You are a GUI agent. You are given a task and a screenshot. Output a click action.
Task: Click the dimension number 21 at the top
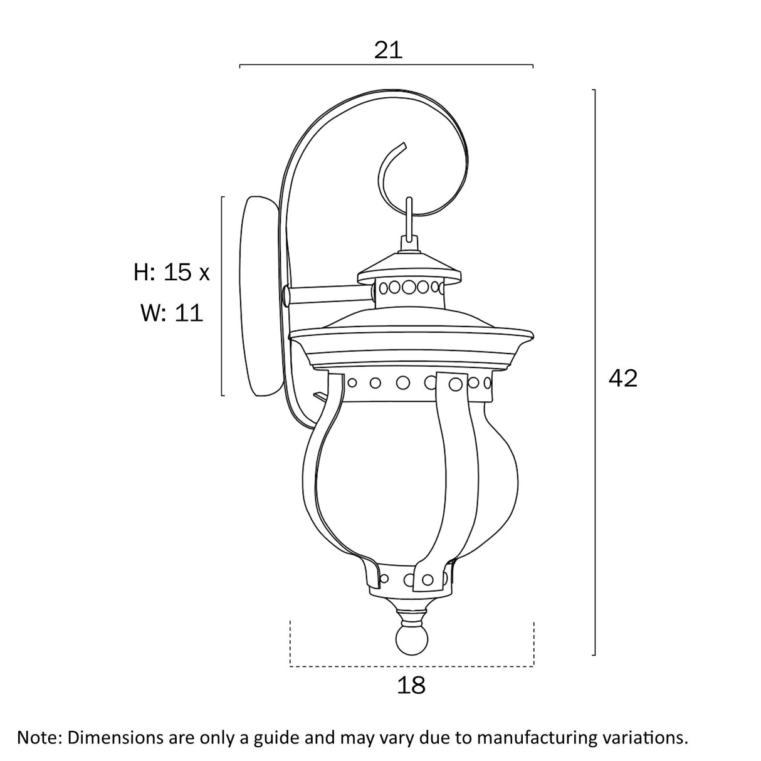pyautogui.click(x=387, y=50)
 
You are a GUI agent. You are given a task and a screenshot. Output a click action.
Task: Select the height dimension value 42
pyautogui.click(x=622, y=378)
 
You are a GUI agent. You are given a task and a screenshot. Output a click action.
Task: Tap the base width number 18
pyautogui.click(x=411, y=685)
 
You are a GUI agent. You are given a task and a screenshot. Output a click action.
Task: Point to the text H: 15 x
pyautogui.click(x=172, y=272)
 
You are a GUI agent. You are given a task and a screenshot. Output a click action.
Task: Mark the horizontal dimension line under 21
pyautogui.click(x=386, y=65)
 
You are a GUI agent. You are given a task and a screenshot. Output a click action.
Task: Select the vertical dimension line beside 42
pyautogui.click(x=594, y=373)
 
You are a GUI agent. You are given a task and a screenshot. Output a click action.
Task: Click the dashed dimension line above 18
pyautogui.click(x=411, y=665)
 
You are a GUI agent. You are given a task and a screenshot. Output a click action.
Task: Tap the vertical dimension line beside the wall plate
pyautogui.click(x=223, y=296)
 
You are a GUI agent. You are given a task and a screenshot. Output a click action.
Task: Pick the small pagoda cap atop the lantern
pyautogui.click(x=410, y=267)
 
